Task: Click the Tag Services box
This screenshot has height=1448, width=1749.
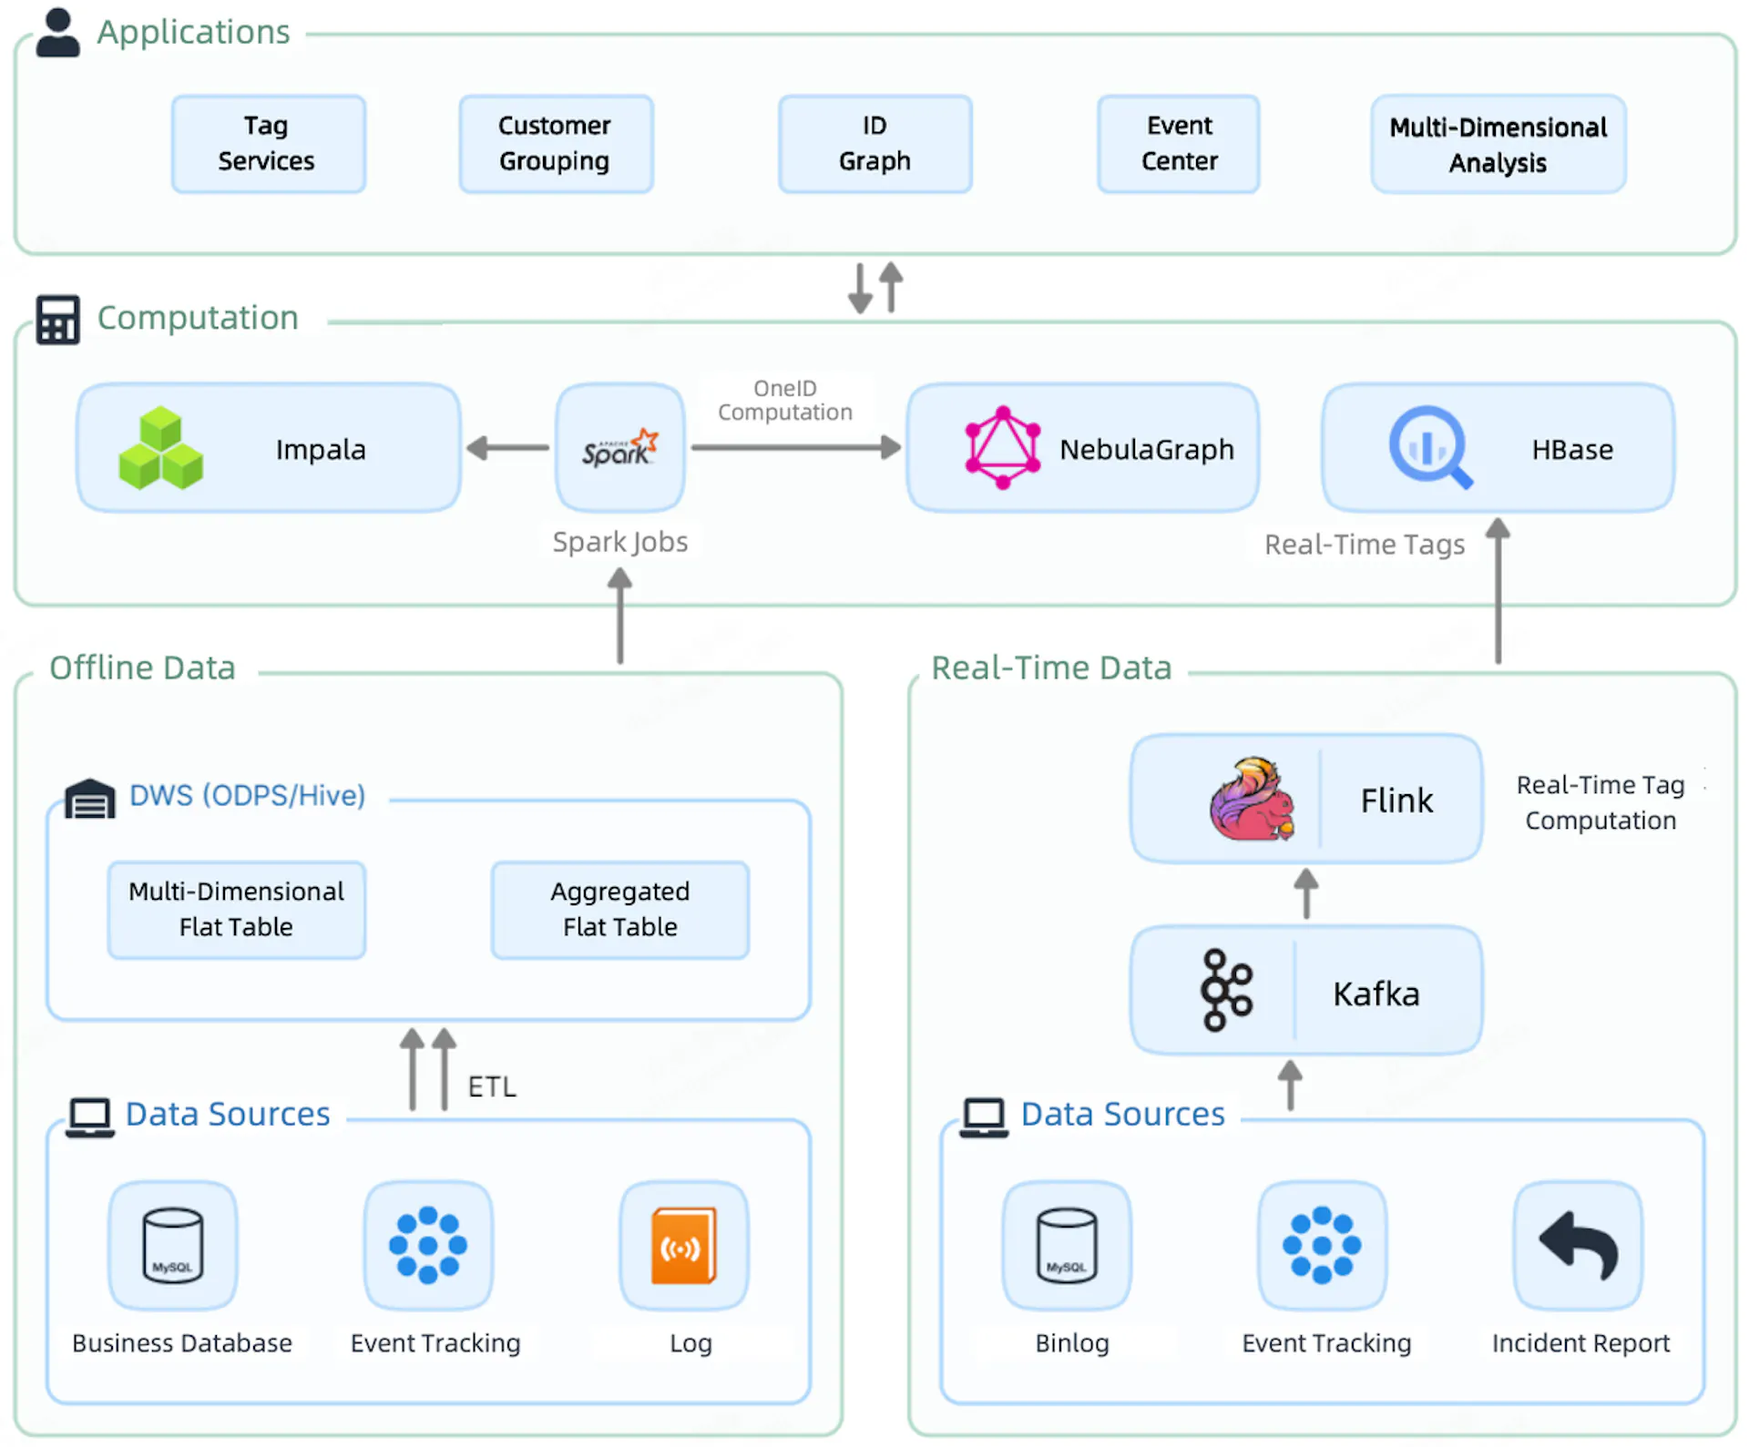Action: pos(268,144)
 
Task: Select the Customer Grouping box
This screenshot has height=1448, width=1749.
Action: pos(556,144)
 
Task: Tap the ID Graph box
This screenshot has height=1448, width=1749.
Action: pos(874,144)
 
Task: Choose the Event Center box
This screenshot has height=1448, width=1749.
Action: pos(1179,144)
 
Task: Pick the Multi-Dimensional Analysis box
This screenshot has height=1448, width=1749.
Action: pos(1498,145)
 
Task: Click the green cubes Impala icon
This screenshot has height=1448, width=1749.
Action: pos(161,448)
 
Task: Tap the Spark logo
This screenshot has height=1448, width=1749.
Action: pos(620,448)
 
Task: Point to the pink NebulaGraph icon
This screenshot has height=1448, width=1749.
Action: pos(1002,448)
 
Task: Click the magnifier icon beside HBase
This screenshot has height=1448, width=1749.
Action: pos(1429,447)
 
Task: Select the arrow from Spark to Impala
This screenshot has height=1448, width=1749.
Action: pos(507,448)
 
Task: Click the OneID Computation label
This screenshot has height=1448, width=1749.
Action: pos(784,401)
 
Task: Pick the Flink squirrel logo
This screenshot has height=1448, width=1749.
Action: pos(1252,799)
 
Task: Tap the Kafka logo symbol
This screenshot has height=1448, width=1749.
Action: pos(1226,991)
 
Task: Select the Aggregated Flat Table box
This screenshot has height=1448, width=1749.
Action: pos(619,909)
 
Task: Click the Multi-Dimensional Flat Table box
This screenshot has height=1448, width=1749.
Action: pos(237,909)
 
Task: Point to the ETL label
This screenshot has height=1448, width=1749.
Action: pos(492,1086)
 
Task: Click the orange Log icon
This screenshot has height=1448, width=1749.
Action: pos(683,1245)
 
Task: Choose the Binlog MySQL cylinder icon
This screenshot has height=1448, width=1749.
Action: pos(1067,1245)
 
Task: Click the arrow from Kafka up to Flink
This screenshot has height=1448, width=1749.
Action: pos(1306,893)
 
